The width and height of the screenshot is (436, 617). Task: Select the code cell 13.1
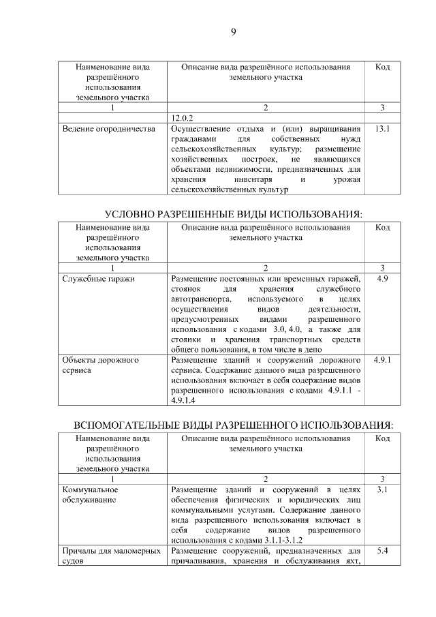[x=382, y=128]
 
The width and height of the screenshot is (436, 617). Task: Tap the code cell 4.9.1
[x=382, y=359]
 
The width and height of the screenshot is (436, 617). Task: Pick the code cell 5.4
[x=382, y=551]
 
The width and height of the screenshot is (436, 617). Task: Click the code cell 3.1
[x=382, y=490]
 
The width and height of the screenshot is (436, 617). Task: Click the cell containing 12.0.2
[x=187, y=117]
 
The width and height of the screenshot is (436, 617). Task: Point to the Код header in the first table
[x=382, y=67]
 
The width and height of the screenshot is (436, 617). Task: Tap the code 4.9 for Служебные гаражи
[x=382, y=279]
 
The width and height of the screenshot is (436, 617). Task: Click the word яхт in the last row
[x=351, y=561]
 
